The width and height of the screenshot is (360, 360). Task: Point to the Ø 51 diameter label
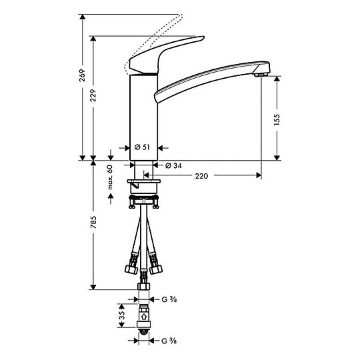tap(141, 147)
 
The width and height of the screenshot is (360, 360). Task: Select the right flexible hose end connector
tap(158, 268)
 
